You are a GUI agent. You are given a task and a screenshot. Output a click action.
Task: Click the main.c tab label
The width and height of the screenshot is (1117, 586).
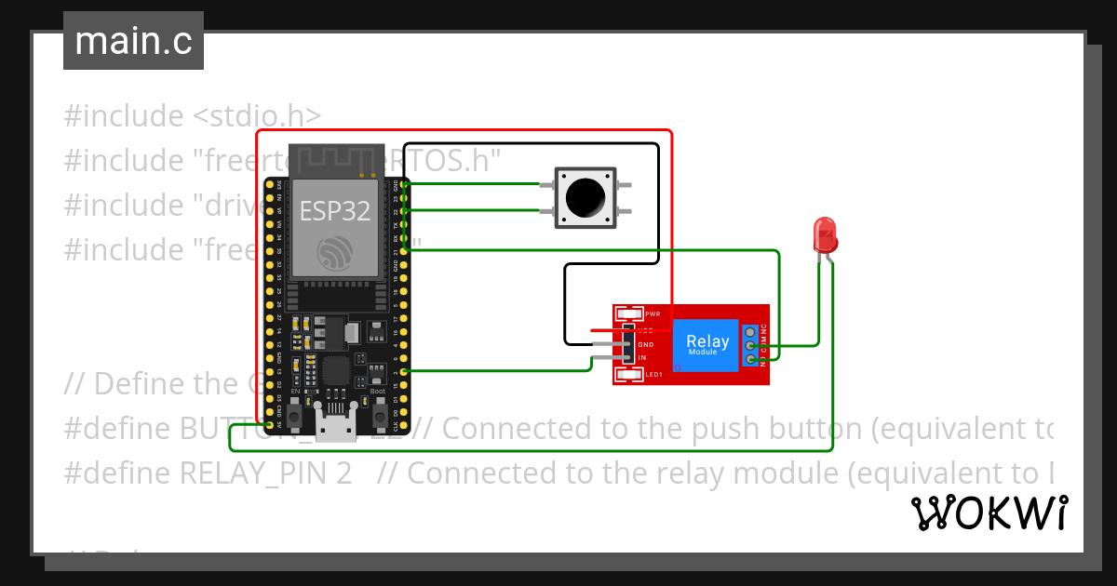pos(133,42)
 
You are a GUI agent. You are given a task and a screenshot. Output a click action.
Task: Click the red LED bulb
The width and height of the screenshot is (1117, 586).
pos(825,234)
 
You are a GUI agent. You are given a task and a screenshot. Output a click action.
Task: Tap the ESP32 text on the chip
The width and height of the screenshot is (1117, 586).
pos(335,210)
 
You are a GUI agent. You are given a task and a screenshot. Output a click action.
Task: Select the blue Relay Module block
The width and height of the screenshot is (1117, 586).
pos(707,345)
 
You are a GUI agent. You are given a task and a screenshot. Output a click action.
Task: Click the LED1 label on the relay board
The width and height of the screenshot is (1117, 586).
pos(653,375)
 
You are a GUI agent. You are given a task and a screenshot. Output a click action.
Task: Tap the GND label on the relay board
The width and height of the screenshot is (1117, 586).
pos(645,344)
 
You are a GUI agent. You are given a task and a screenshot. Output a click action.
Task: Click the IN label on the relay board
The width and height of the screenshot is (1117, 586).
pos(641,358)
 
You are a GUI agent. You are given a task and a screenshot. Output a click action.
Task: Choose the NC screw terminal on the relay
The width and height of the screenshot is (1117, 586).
pos(751,331)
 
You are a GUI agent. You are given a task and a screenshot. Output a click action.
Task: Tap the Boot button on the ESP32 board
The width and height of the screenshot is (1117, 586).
pos(377,419)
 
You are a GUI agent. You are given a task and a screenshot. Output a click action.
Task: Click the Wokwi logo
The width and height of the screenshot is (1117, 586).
pos(989,513)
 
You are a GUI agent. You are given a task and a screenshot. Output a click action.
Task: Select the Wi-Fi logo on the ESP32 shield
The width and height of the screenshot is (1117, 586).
pos(335,251)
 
